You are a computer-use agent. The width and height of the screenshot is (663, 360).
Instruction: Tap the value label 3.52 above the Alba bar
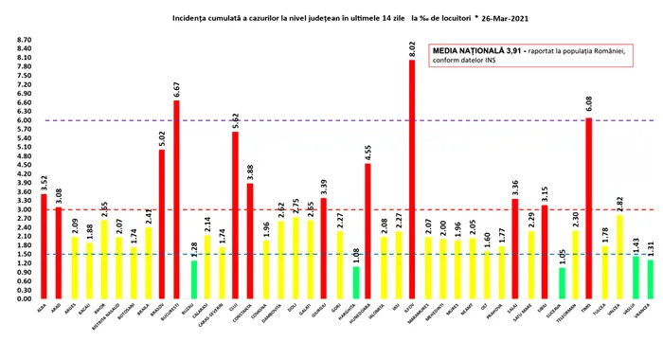tap(42, 182)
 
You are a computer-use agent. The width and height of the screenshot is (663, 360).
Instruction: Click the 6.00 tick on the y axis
tap(22, 120)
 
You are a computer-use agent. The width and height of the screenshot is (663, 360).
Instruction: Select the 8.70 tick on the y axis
tap(22, 41)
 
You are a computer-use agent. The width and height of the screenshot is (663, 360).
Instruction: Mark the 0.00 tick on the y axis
tap(22, 297)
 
